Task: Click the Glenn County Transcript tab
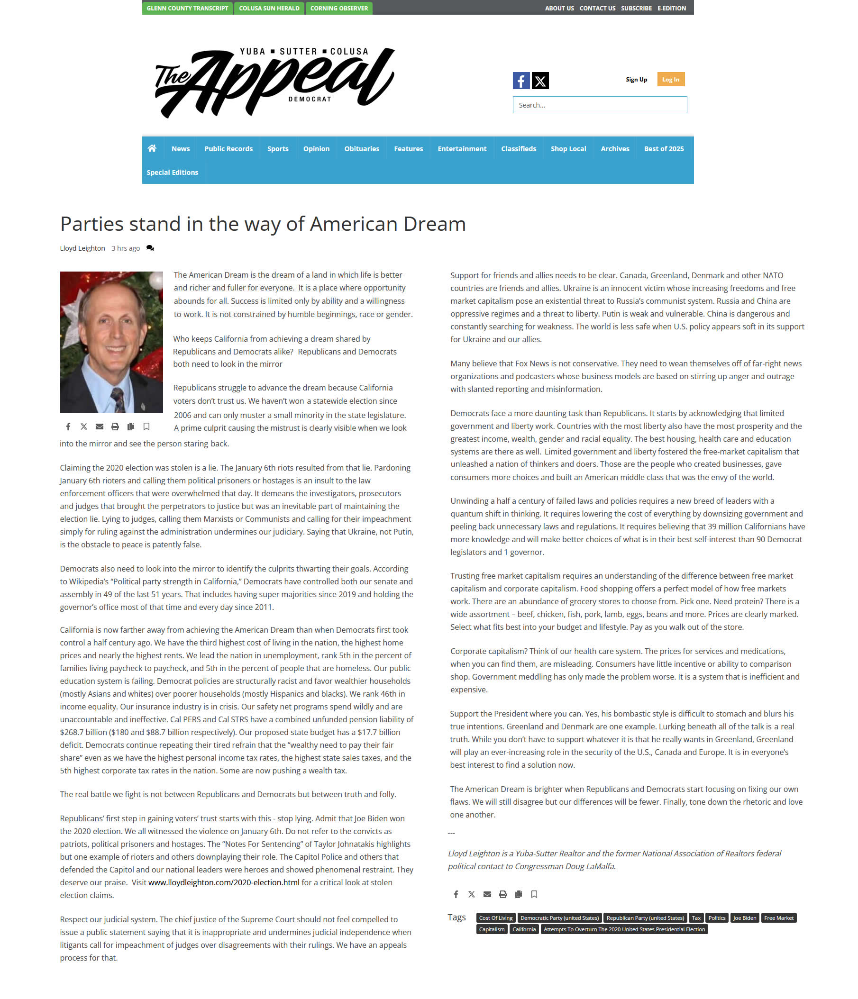(x=187, y=8)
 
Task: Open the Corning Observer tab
(x=338, y=8)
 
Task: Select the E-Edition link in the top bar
(x=671, y=8)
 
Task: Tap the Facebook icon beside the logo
(x=521, y=81)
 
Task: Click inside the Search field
(x=600, y=105)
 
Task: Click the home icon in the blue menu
(x=152, y=148)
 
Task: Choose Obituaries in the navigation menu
(x=361, y=149)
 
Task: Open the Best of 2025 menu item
(x=664, y=149)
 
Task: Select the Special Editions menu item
(x=172, y=173)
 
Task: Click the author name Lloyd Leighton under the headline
(x=82, y=248)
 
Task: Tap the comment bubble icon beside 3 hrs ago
(x=150, y=248)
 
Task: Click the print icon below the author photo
(x=115, y=427)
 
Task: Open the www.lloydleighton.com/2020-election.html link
(x=224, y=883)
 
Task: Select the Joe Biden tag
(x=744, y=918)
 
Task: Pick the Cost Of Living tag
(x=496, y=918)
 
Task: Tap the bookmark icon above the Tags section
(x=534, y=894)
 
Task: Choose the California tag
(x=524, y=929)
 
